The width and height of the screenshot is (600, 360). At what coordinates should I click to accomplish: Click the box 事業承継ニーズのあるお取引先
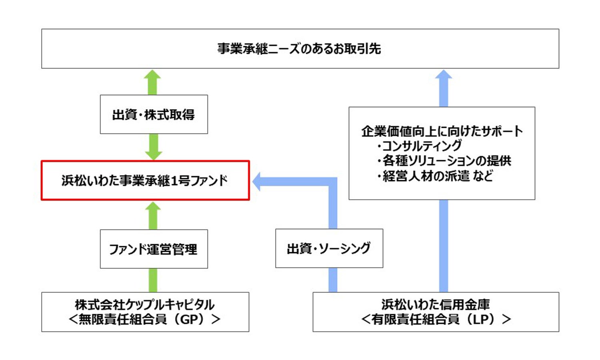[300, 48]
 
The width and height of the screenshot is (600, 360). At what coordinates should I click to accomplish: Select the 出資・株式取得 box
[154, 114]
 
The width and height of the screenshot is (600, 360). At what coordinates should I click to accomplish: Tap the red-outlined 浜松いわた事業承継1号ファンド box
[145, 180]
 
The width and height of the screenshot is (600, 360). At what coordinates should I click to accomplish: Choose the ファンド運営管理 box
[154, 249]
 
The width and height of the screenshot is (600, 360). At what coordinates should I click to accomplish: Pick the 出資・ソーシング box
[329, 248]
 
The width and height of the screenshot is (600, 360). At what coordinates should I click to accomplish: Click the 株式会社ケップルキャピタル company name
[145, 305]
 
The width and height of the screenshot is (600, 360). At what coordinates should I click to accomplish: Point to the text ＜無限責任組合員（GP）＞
[145, 319]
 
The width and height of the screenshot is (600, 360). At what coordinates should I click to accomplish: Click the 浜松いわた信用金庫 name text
[436, 305]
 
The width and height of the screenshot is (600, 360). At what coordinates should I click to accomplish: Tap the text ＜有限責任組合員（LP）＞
[436, 319]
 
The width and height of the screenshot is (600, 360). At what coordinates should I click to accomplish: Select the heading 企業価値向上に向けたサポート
[442, 131]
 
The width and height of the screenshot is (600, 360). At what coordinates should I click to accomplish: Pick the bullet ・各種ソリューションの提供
[444, 161]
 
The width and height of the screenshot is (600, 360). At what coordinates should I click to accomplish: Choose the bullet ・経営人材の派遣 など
[435, 176]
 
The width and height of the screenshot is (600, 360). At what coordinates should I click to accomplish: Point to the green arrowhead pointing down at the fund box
[153, 155]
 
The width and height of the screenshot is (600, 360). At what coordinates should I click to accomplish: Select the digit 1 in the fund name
[174, 181]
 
